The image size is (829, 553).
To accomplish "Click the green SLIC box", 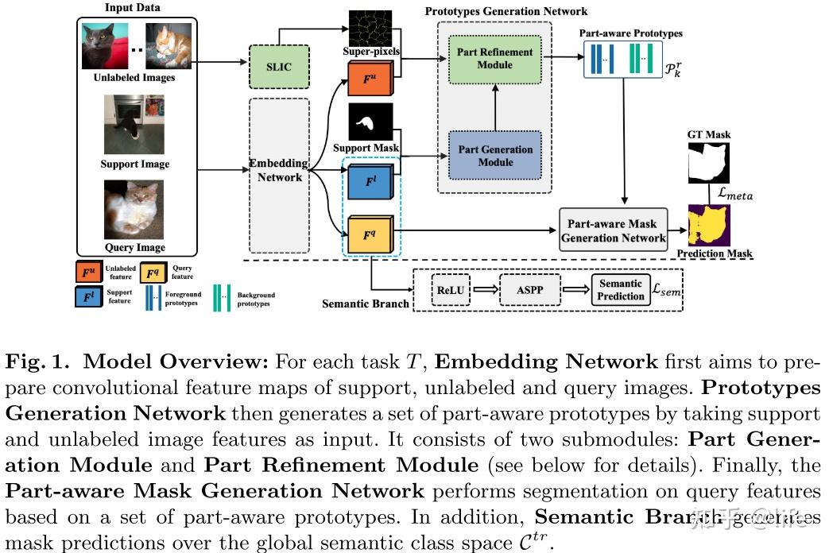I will pyautogui.click(x=279, y=67).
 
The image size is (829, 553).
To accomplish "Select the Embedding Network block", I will pyautogui.click(x=279, y=170).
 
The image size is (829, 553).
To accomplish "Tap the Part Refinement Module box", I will pyautogui.click(x=494, y=58).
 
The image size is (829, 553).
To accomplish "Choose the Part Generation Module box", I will pyautogui.click(x=494, y=156).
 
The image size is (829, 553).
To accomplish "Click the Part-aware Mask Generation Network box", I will pyautogui.click(x=612, y=230).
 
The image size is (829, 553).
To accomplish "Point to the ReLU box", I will pyautogui.click(x=449, y=290).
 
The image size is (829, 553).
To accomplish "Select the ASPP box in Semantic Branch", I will pyautogui.click(x=530, y=290).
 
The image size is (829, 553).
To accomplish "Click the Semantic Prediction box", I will pyautogui.click(x=621, y=290).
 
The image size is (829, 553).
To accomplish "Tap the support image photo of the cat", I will pyautogui.click(x=134, y=125).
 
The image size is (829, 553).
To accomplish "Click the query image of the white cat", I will pyautogui.click(x=134, y=210).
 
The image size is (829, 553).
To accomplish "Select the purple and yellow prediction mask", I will pyautogui.click(x=709, y=226).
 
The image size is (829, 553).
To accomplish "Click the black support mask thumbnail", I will pyautogui.click(x=370, y=122).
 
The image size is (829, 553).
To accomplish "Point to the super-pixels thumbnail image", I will pyautogui.click(x=371, y=27).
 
